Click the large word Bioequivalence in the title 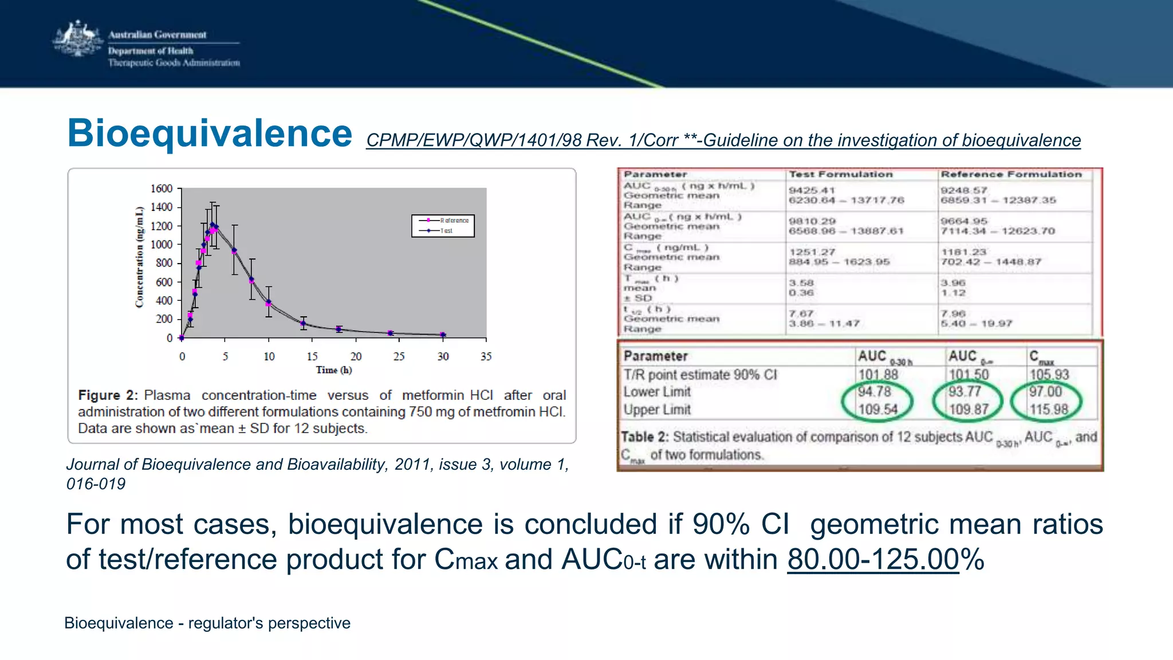point(210,133)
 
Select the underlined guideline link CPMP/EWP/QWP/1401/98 point(723,140)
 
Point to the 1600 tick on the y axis point(161,188)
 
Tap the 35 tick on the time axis point(486,356)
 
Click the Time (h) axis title point(334,370)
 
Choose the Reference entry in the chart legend point(454,221)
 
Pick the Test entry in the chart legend point(447,231)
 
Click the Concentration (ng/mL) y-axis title point(139,258)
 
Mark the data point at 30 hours point(442,335)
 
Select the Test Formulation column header point(840,174)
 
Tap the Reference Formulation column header point(1011,174)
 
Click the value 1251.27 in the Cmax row point(812,252)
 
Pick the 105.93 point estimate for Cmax point(1049,375)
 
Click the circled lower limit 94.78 point(874,392)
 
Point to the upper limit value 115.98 point(1049,410)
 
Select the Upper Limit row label point(657,410)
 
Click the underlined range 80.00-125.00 point(872,559)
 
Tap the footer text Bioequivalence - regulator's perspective point(207,623)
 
